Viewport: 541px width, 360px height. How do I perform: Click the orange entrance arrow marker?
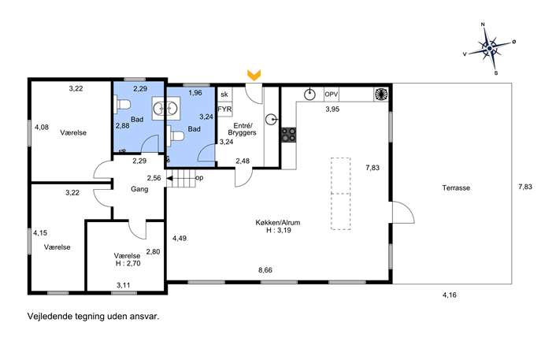click(254, 76)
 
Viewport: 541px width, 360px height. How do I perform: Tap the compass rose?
click(489, 49)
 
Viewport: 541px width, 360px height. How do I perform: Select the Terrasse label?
click(456, 188)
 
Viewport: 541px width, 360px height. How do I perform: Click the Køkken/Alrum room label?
click(278, 223)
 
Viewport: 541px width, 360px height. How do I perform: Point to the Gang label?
click(139, 189)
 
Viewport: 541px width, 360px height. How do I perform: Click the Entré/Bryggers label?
click(242, 128)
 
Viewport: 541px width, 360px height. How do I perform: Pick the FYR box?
click(224, 109)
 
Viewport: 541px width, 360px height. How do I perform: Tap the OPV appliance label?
click(332, 94)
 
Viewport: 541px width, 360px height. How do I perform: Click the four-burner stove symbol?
click(288, 135)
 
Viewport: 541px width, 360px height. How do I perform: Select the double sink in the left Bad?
click(166, 108)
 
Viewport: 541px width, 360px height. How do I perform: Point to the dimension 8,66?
click(265, 270)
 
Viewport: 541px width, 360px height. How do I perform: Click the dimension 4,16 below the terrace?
click(449, 295)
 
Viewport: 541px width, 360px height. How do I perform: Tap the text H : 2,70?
click(128, 264)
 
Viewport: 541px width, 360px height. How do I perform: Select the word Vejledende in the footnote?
click(50, 316)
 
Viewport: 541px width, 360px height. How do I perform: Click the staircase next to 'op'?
click(181, 179)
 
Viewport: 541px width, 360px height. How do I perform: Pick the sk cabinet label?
click(224, 95)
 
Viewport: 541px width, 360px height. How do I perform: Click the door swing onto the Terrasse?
click(403, 212)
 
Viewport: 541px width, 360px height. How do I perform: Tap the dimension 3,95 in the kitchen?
click(332, 109)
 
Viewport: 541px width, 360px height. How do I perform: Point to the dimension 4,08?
click(42, 128)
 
